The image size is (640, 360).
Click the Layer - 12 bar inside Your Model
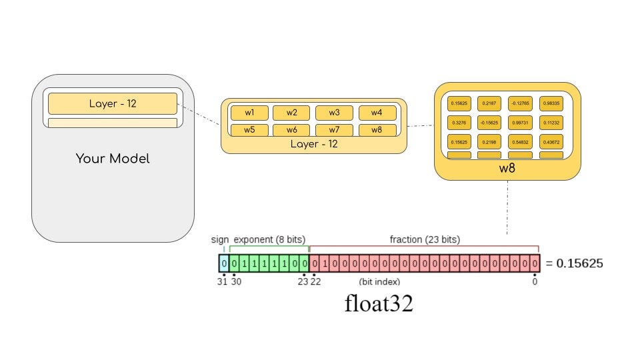point(112,103)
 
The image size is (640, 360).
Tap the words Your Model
point(113,159)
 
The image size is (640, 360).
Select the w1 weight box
point(249,112)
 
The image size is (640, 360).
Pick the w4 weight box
point(377,112)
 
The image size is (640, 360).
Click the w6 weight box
point(291,130)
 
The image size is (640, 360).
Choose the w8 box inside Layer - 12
point(377,130)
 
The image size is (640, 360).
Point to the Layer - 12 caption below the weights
point(313,144)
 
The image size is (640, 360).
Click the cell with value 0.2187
point(489,103)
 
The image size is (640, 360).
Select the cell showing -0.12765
point(520,103)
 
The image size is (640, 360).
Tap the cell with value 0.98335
point(551,103)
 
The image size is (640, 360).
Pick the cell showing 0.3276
point(459,123)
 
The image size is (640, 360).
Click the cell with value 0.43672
point(551,142)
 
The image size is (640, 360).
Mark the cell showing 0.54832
point(520,142)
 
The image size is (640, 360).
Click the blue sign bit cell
point(224,263)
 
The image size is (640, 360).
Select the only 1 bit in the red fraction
point(325,263)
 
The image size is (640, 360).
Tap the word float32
point(379,304)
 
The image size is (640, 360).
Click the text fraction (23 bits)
point(425,239)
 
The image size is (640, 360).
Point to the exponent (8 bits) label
point(269,239)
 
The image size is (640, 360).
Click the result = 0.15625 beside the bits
point(574,263)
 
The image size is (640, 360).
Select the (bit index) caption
point(379,282)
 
